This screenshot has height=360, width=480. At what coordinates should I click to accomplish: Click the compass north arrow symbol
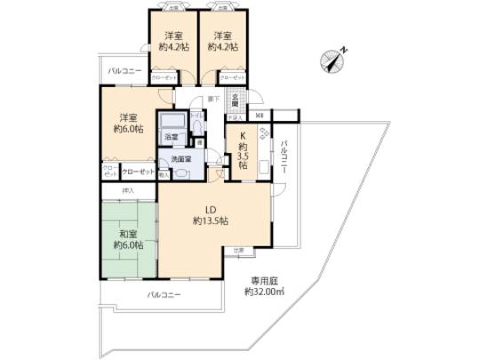pyautogui.click(x=330, y=59)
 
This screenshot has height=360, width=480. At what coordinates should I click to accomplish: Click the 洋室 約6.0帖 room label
pyautogui.click(x=124, y=123)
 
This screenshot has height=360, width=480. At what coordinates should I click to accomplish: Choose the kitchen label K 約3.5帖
pyautogui.click(x=242, y=151)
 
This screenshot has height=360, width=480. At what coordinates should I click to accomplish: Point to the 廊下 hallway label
pyautogui.click(x=212, y=98)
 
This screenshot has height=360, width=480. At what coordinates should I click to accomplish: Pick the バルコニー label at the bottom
pyautogui.click(x=164, y=293)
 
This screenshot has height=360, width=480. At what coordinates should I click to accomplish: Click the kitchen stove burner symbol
pyautogui.click(x=263, y=136)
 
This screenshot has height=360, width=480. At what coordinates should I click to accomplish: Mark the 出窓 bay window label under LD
pyautogui.click(x=237, y=252)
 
